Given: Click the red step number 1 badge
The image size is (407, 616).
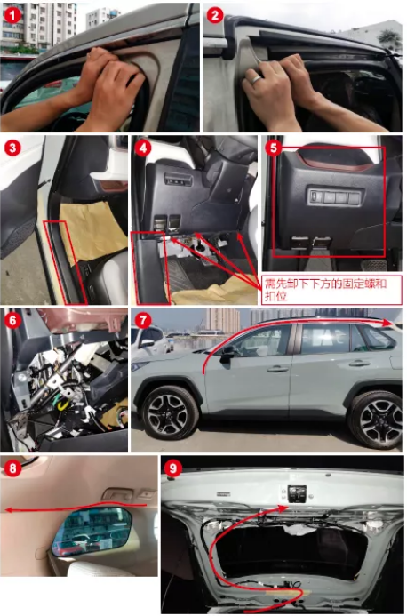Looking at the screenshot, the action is pos(12,15).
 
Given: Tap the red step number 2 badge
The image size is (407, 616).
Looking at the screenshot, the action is pos(214,15).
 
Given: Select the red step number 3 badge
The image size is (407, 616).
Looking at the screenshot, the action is pos(12,148).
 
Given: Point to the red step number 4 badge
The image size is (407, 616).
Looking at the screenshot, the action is pos(142,148).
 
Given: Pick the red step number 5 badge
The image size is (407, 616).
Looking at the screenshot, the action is pos(274,148).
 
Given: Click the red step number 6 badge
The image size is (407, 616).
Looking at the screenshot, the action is pos(12,320).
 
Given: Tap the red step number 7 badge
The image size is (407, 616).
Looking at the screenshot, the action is pos(142,320).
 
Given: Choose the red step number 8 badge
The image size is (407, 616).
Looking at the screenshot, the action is pos(12,468).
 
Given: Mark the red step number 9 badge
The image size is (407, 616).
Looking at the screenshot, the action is pos(173,468).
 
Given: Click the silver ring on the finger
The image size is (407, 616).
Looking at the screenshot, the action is pos(256,80).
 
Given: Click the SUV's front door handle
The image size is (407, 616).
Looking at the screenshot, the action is pos(277,369).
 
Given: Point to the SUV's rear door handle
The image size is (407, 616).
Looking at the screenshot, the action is pos(359,364).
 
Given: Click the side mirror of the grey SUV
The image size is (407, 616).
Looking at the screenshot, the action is pos(227,354).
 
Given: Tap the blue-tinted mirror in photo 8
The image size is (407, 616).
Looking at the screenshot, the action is pos(92,531).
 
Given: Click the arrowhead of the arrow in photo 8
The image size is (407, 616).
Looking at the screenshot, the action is pos(9,510).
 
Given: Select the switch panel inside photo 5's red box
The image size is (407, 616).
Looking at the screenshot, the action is pos(335,196).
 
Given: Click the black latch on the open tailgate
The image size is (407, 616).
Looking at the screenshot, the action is pos(298,493).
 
